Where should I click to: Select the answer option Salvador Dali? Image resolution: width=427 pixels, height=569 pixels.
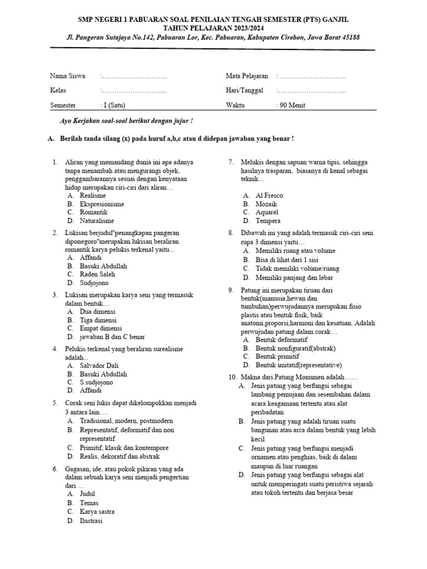[x=100, y=366]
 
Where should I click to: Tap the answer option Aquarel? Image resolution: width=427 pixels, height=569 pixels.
[x=267, y=212]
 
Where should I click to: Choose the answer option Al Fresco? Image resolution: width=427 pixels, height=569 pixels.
[x=269, y=196]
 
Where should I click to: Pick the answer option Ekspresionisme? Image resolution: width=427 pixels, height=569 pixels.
[x=102, y=204]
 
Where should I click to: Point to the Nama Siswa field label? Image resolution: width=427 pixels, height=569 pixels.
[x=68, y=76]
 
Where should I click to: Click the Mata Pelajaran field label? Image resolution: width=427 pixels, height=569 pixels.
[x=247, y=76]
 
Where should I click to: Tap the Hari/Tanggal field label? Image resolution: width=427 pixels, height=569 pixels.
[x=245, y=91]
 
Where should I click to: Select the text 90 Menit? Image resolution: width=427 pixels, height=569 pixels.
[x=291, y=105]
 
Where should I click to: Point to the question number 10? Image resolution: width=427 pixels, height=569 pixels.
[x=233, y=377]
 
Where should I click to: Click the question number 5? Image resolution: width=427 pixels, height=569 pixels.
[x=55, y=403]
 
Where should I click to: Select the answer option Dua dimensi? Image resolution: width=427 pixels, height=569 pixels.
[x=98, y=312]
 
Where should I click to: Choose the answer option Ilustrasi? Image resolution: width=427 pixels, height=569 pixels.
[x=91, y=521]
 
